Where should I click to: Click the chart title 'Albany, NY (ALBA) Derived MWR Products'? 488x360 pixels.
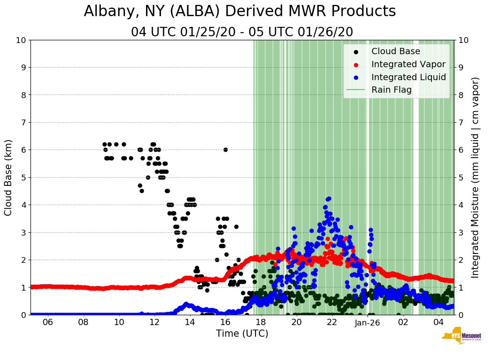pyautogui.click(x=240, y=11)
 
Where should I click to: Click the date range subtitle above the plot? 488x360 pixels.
pyautogui.click(x=242, y=32)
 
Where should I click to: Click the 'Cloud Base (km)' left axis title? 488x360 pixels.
pyautogui.click(x=8, y=177)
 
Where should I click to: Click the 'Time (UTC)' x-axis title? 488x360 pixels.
pyautogui.click(x=242, y=334)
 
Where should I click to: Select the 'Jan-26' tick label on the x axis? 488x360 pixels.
pyautogui.click(x=367, y=322)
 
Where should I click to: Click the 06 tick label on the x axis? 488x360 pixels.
pyautogui.click(x=48, y=322)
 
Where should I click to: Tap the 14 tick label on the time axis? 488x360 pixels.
pyautogui.click(x=190, y=322)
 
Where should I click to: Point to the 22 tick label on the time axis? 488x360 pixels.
pyautogui.click(x=332, y=322)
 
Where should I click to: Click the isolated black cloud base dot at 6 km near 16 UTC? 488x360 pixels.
pyautogui.click(x=225, y=150)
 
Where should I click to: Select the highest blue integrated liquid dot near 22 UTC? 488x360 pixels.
pyautogui.click(x=329, y=198)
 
